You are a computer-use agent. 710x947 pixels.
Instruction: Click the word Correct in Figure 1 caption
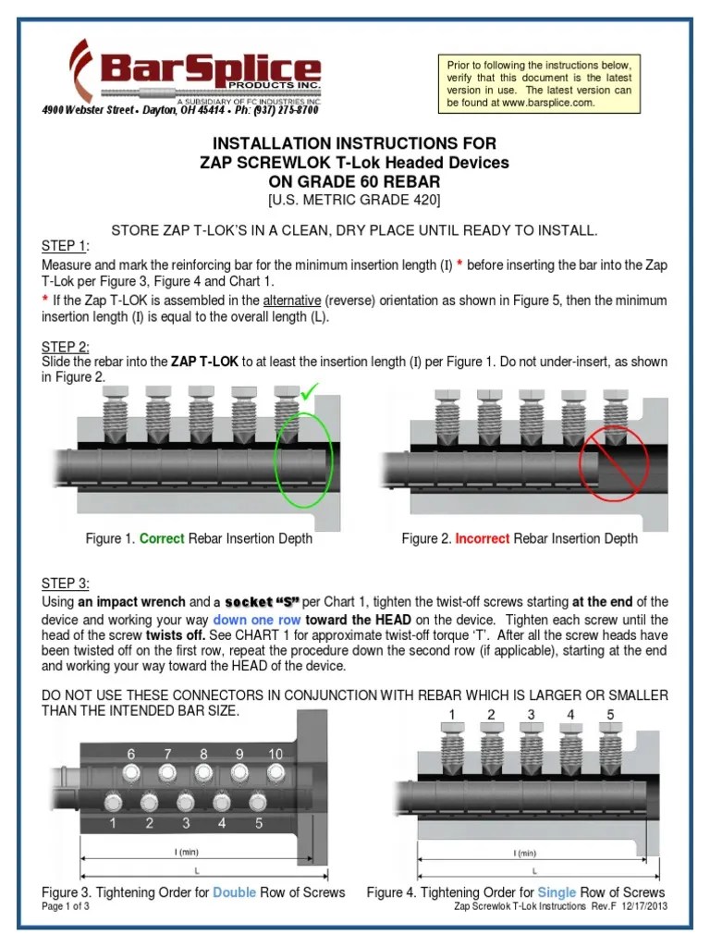(162, 538)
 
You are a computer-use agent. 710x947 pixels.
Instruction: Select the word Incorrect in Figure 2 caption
(482, 538)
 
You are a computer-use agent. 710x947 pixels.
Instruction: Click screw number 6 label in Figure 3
(131, 754)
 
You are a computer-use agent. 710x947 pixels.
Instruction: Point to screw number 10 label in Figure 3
(275, 754)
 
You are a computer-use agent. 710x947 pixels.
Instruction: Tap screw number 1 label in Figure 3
(113, 822)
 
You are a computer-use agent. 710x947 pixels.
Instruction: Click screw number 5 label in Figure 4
(610, 715)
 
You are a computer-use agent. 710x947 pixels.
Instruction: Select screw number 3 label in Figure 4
(531, 715)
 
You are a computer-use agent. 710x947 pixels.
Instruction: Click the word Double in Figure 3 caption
(232, 892)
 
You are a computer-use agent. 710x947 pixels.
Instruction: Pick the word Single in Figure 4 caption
(557, 892)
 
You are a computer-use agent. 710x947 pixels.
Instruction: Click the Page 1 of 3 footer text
(66, 906)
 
